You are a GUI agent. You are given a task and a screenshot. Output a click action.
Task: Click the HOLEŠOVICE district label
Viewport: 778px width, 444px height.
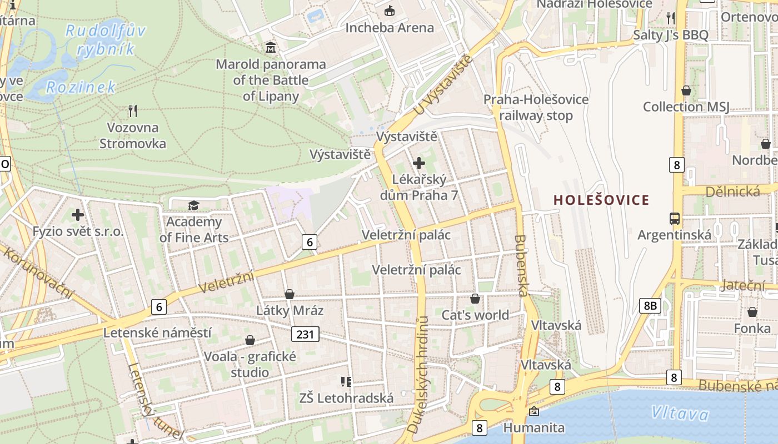pyautogui.click(x=601, y=200)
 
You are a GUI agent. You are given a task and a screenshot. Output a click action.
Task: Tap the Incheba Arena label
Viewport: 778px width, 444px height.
pyautogui.click(x=390, y=27)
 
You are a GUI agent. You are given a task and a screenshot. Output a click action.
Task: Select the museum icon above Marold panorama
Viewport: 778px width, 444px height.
pyautogui.click(x=271, y=47)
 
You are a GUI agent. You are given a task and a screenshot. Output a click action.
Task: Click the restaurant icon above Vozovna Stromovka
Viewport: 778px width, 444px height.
pyautogui.click(x=133, y=110)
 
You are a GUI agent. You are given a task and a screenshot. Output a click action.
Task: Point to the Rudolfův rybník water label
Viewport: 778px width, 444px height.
pyautogui.click(x=106, y=39)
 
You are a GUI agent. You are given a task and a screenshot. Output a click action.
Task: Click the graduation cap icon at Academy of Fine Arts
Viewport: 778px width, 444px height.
pyautogui.click(x=193, y=206)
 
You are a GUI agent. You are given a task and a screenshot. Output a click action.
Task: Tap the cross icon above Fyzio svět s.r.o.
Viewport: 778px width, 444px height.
pyautogui.click(x=78, y=214)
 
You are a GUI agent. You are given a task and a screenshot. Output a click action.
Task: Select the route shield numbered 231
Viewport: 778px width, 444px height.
pyautogui.click(x=305, y=334)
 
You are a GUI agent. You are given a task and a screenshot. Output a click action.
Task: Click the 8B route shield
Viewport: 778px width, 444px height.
pyautogui.click(x=650, y=305)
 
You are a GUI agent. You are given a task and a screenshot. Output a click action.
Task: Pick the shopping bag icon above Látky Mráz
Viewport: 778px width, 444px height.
pyautogui.click(x=290, y=294)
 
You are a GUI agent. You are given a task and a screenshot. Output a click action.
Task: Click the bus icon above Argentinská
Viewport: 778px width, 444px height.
pyautogui.click(x=675, y=218)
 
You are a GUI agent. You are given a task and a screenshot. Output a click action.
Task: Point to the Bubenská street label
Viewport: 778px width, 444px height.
pyautogui.click(x=521, y=265)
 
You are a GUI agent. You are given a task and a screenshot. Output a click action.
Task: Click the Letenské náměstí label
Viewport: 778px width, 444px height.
pyautogui.click(x=157, y=333)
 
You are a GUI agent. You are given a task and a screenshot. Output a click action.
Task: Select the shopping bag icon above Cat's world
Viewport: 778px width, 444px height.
pyautogui.click(x=475, y=299)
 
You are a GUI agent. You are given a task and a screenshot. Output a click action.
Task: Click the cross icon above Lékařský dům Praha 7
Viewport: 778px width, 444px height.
pyautogui.click(x=419, y=163)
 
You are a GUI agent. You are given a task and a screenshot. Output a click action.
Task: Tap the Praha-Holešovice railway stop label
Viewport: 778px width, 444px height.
pyautogui.click(x=536, y=108)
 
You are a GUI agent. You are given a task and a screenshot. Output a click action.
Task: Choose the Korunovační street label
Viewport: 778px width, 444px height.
pyautogui.click(x=38, y=273)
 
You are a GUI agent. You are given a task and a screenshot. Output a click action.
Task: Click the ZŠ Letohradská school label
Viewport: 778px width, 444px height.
pyautogui.click(x=346, y=398)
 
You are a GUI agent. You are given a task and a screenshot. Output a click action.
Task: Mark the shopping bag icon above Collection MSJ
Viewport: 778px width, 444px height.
pyautogui.click(x=686, y=90)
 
